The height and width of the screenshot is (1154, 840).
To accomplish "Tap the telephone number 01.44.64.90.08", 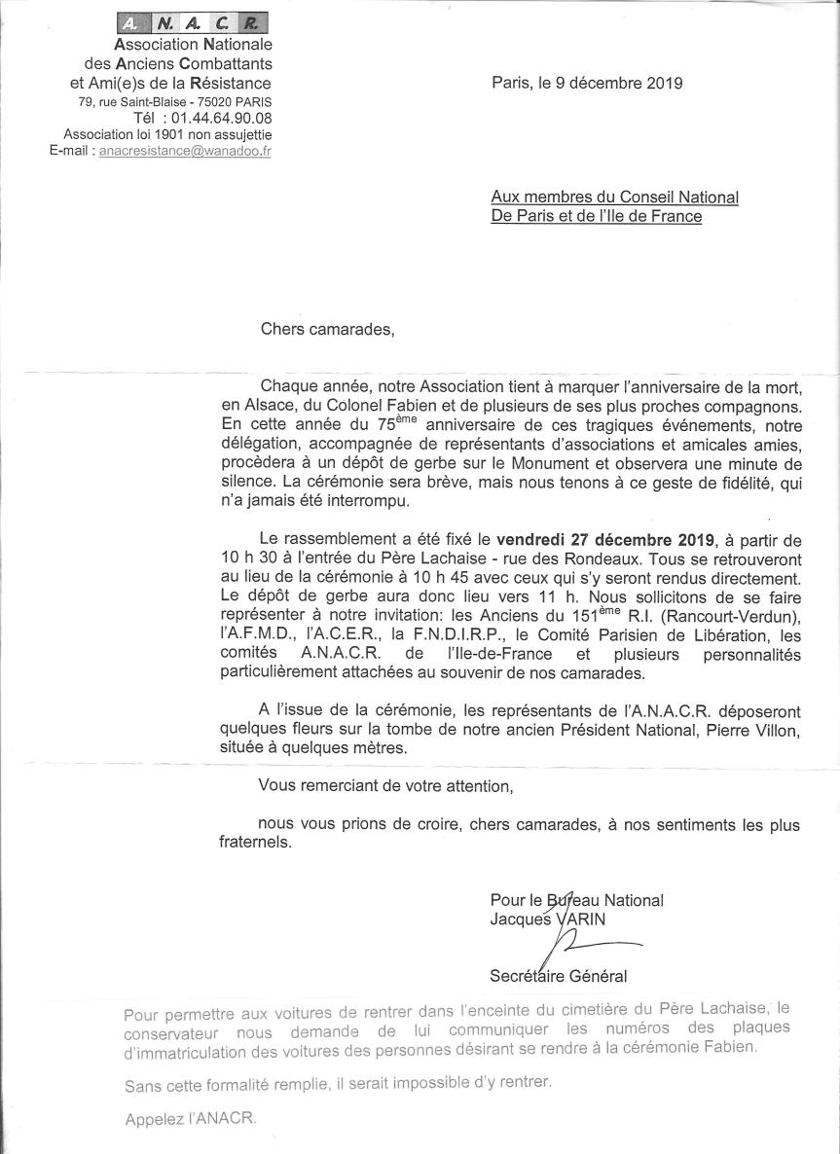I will click(x=221, y=118).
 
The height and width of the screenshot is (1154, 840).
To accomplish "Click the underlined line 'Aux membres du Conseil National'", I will click(x=614, y=198).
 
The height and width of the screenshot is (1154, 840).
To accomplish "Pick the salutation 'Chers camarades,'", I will click(x=328, y=328).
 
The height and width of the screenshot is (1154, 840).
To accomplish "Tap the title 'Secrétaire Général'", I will click(x=559, y=976).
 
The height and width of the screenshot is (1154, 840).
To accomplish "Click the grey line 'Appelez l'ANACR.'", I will click(x=191, y=1119).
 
